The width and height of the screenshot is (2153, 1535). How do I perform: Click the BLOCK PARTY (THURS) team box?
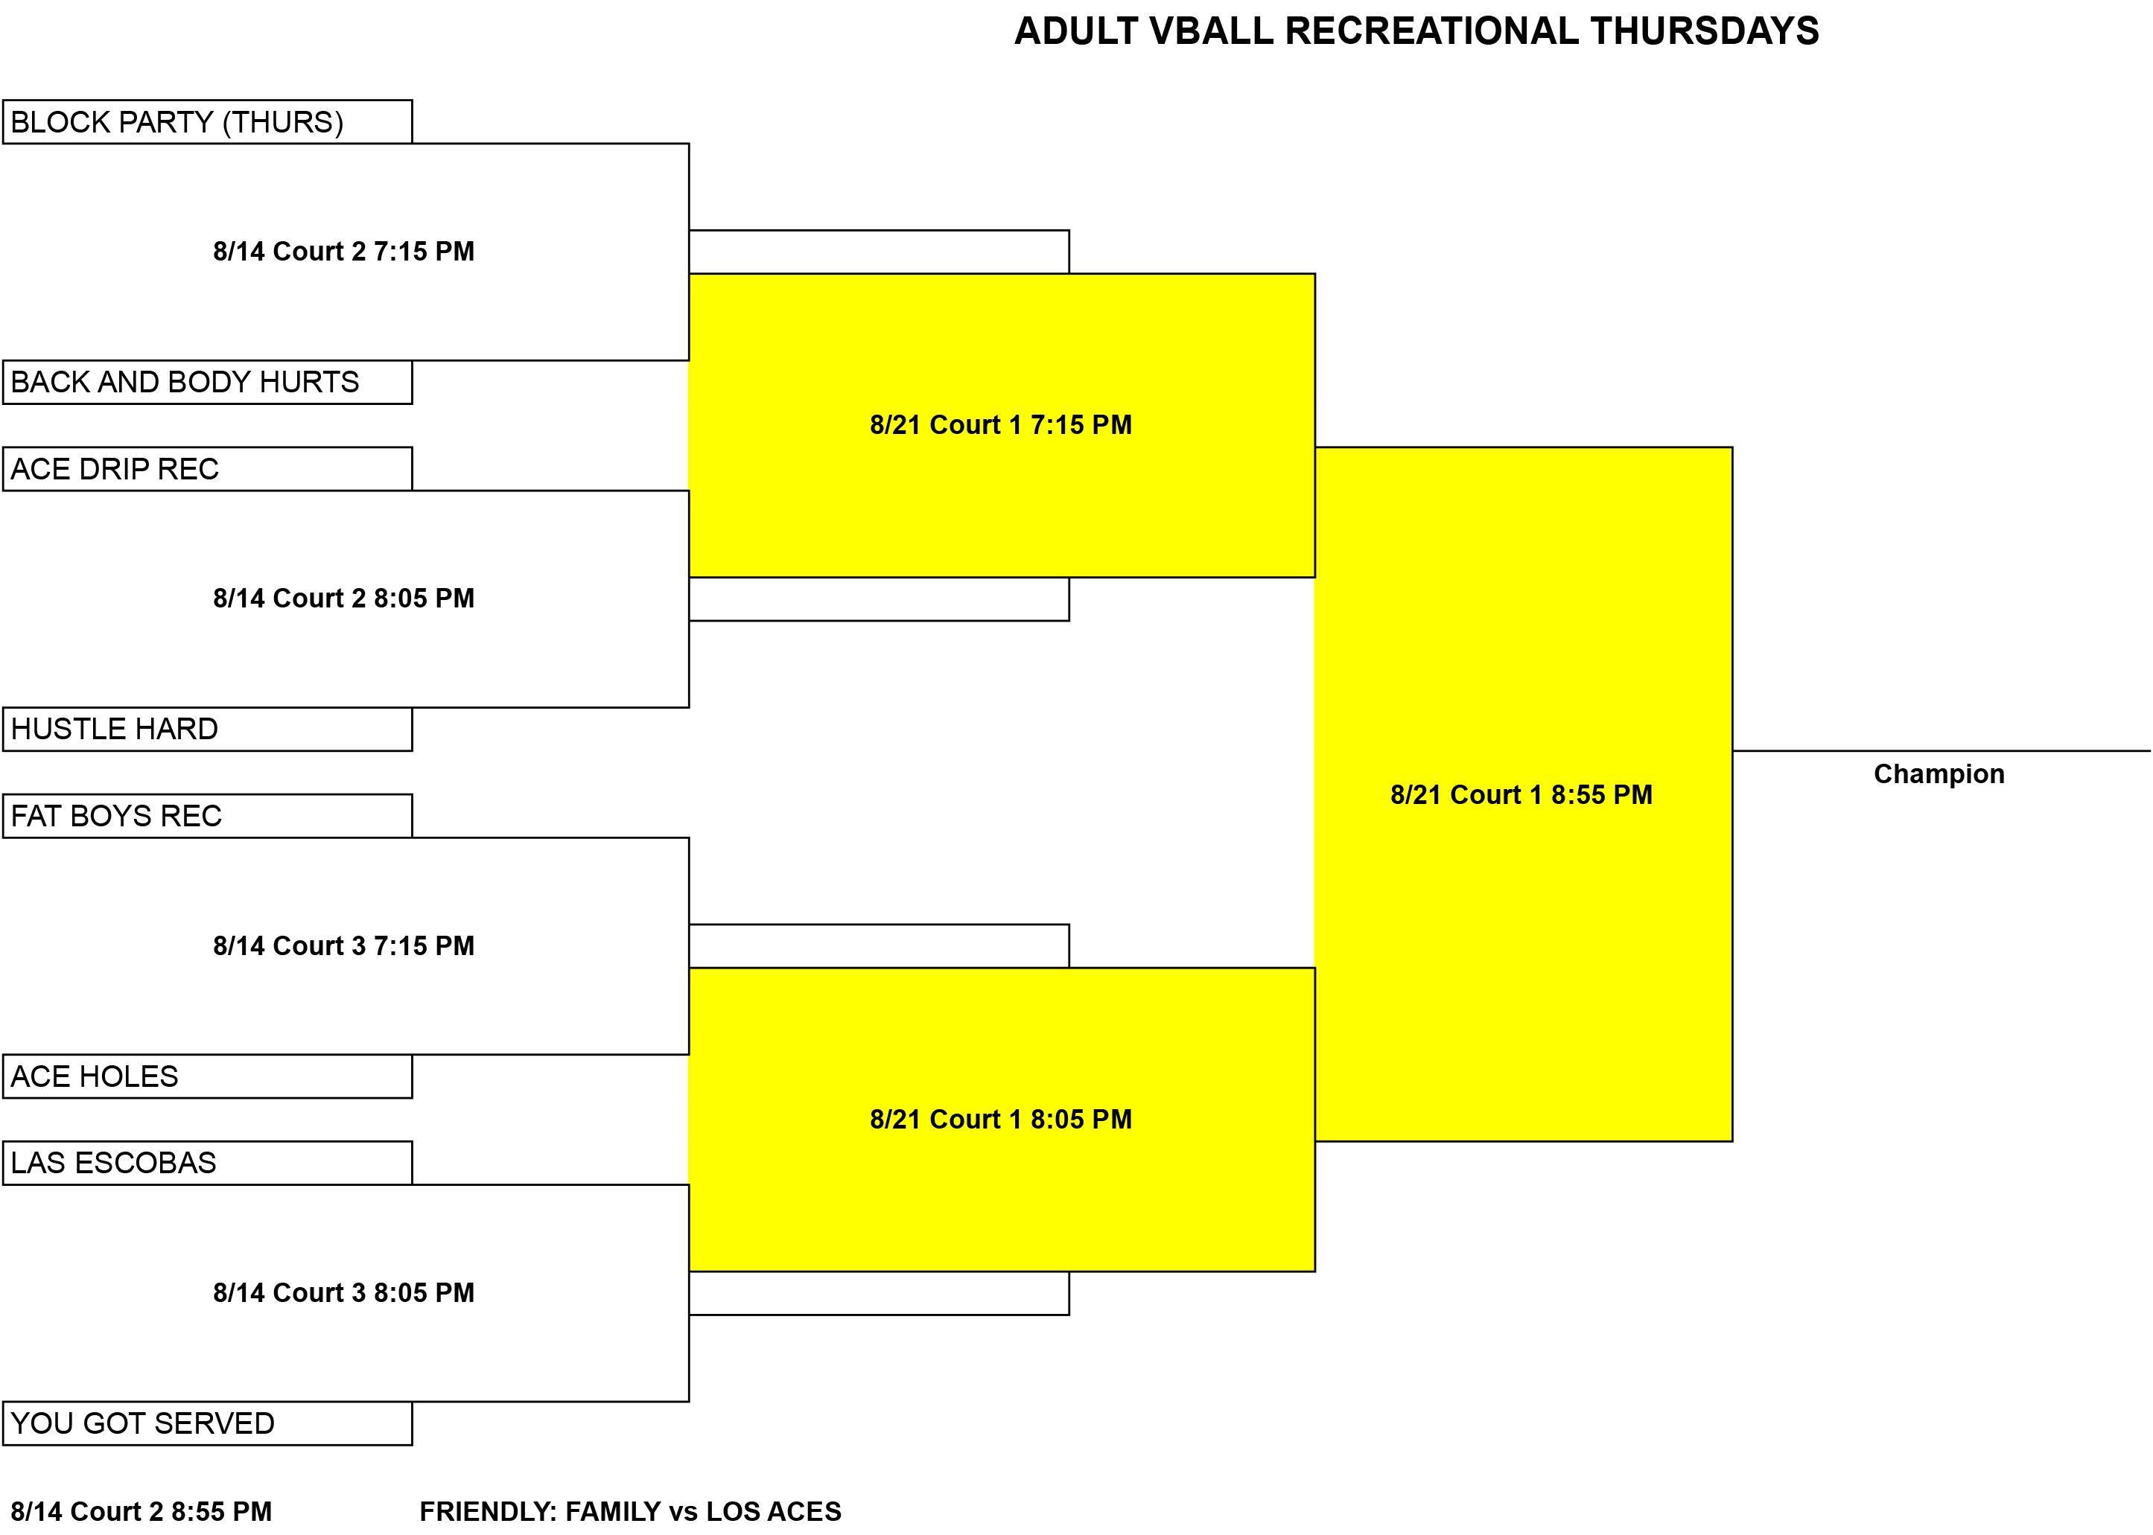tap(207, 122)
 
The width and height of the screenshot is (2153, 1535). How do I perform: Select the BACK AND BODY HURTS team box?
tap(207, 382)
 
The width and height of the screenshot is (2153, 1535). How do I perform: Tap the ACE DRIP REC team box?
tap(207, 469)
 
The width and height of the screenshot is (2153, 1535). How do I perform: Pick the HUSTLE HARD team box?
tap(207, 729)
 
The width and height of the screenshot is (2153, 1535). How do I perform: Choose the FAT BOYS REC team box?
tap(207, 816)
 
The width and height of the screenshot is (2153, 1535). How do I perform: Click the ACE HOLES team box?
tap(207, 1076)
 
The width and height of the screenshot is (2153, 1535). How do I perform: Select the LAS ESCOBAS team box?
tap(207, 1163)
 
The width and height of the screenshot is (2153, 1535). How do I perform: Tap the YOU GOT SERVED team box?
tap(207, 1423)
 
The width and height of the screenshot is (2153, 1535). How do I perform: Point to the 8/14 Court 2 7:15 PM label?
tap(344, 252)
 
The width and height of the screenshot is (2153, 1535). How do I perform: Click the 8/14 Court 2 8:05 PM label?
tap(344, 599)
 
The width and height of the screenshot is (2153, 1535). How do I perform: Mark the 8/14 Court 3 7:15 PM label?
tap(344, 946)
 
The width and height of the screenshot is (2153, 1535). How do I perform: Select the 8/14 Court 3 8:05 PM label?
tap(344, 1293)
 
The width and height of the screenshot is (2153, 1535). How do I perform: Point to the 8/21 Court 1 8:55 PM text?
tap(1521, 795)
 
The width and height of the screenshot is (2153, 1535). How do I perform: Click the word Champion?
tap(1939, 775)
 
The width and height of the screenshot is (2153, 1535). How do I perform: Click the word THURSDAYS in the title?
tap(1705, 31)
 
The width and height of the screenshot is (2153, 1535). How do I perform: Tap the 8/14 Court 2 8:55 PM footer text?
tap(141, 1511)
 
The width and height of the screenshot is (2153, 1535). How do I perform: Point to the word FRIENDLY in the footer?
tap(488, 1511)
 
